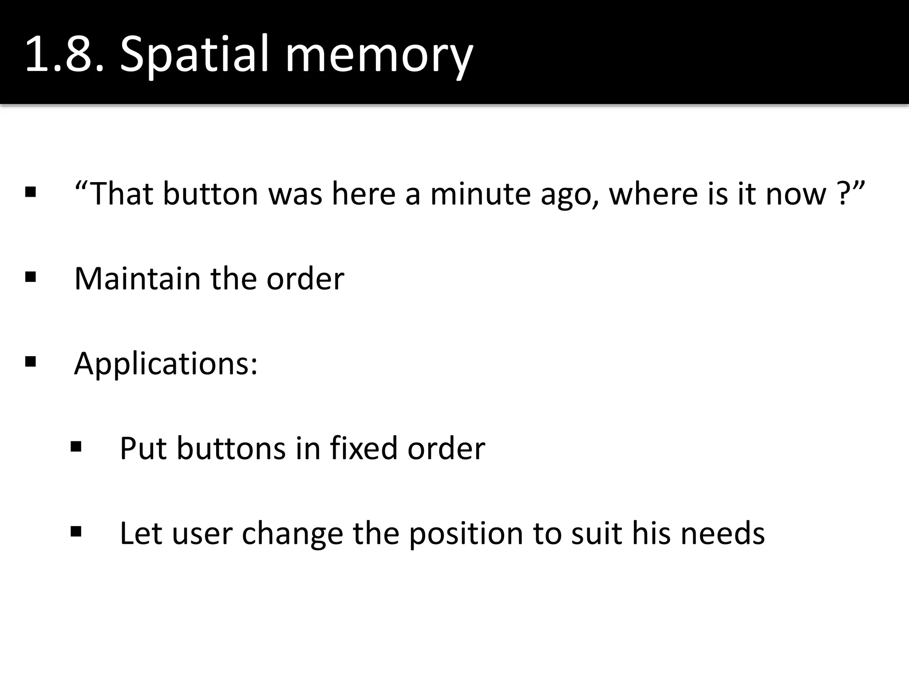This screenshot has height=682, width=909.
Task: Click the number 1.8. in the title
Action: click(64, 55)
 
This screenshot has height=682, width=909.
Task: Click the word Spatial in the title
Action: click(194, 55)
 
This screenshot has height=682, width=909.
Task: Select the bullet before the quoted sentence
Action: click(31, 193)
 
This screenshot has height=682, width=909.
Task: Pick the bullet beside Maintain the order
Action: click(31, 278)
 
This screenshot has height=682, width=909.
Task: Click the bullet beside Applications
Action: click(31, 362)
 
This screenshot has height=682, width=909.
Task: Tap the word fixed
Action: click(364, 448)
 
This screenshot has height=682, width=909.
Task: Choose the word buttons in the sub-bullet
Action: click(231, 448)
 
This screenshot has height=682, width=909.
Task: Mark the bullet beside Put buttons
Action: click(76, 446)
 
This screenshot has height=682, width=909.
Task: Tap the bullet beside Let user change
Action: click(76, 531)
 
